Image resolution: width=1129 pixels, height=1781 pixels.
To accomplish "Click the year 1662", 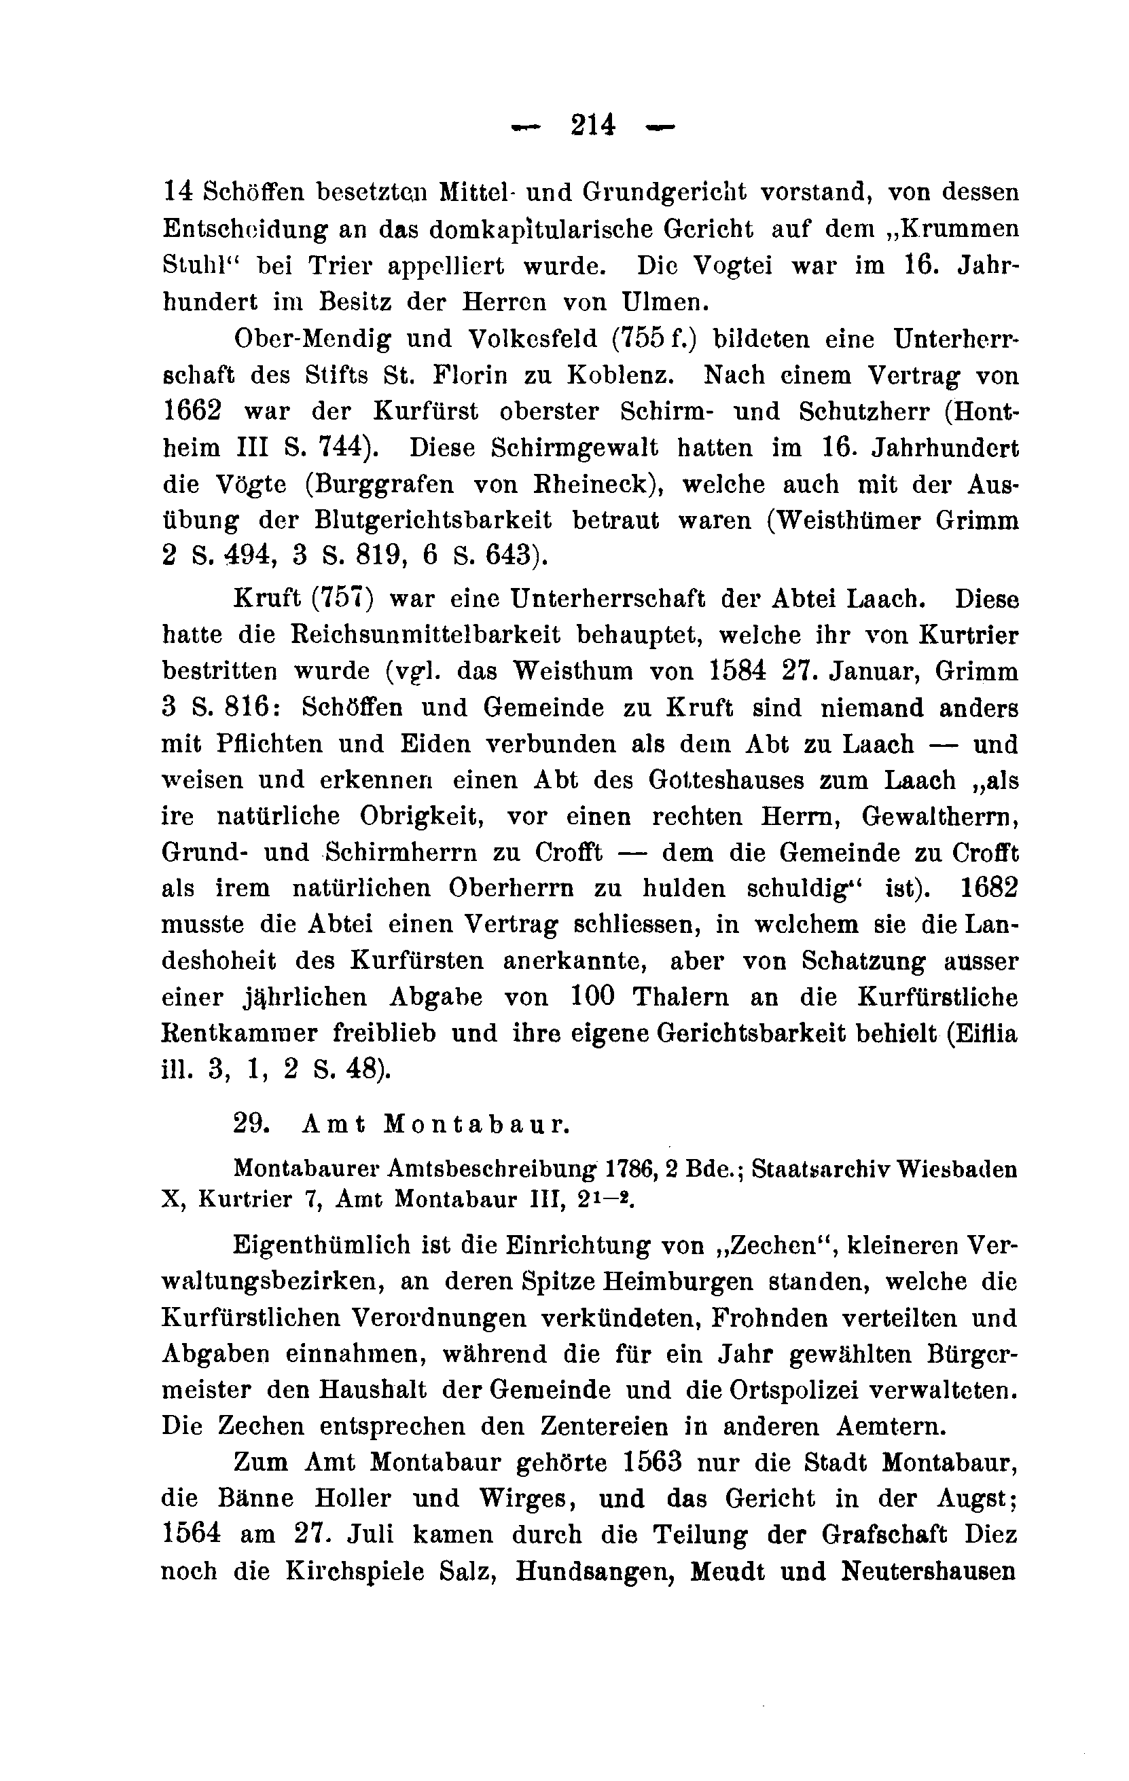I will point(192,411).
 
